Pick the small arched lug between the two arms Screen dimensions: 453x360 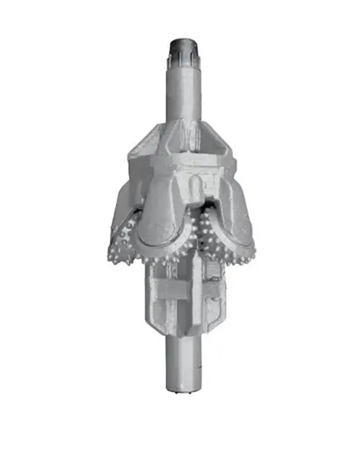coord(198,185)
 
